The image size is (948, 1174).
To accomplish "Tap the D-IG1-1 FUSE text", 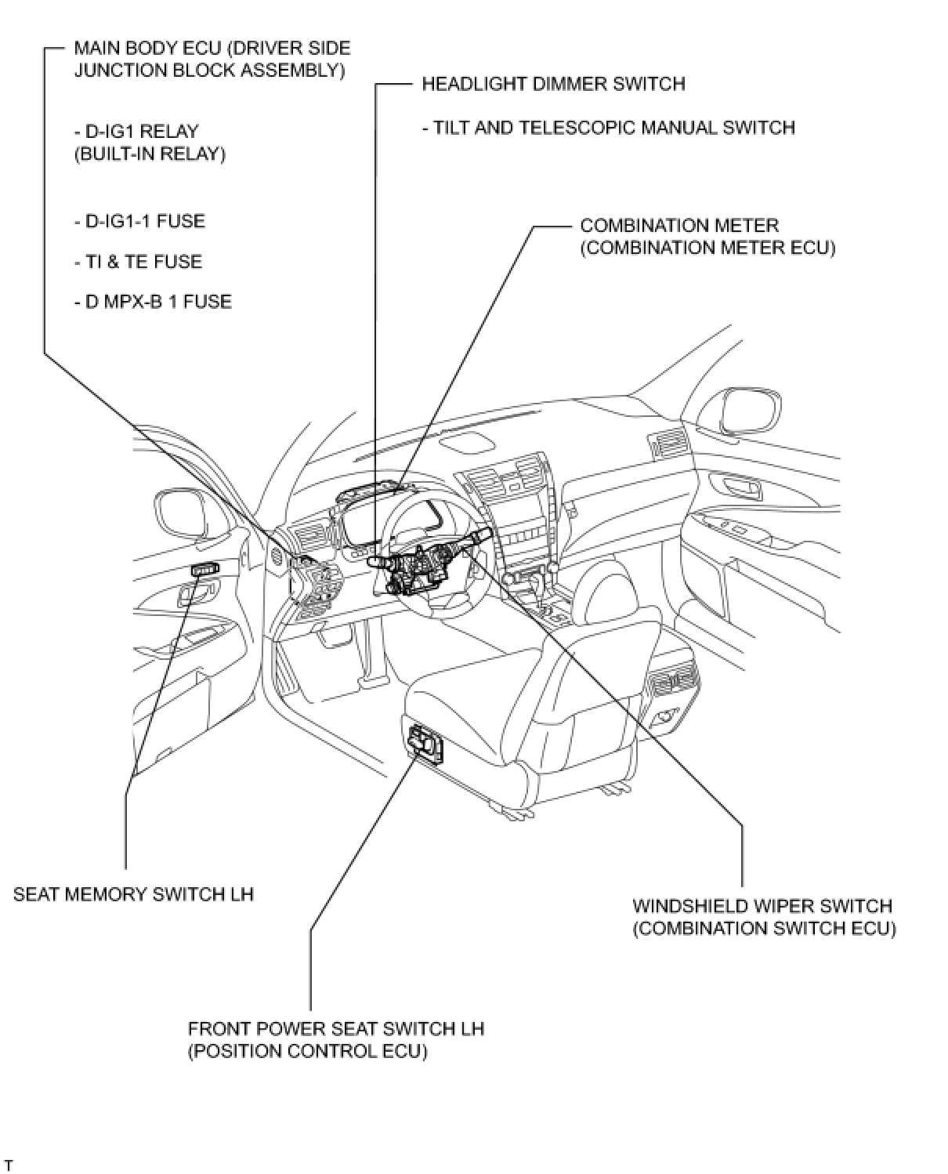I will [x=139, y=221].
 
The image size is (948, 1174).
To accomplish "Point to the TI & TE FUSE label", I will [x=138, y=262].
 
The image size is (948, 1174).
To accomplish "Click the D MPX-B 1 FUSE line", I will [x=153, y=302].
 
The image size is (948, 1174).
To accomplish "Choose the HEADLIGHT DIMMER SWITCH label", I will [x=553, y=84].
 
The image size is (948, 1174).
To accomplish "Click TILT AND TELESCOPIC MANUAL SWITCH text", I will [x=608, y=127].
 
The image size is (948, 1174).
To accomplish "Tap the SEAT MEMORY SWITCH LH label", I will [x=133, y=894].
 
